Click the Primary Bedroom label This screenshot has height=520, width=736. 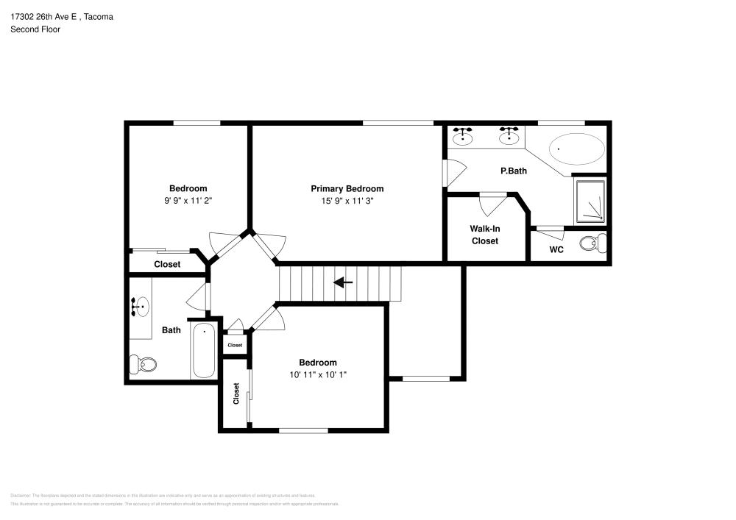347,188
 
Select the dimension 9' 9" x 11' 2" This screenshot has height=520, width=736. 188,200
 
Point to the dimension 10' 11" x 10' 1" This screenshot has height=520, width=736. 317,374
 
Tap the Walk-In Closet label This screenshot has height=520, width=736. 484,235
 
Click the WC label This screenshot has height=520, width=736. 556,249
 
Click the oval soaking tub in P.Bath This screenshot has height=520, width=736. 577,149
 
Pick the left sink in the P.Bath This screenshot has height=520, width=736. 463,136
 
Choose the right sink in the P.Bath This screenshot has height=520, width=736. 509,136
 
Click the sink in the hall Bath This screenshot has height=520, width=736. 140,306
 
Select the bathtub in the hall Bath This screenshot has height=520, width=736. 203,351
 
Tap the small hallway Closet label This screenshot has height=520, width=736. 235,345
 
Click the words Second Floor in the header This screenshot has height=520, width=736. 35,29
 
